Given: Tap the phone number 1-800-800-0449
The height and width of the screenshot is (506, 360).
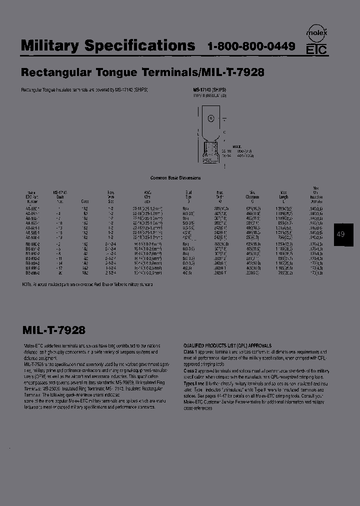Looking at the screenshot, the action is click(251, 47).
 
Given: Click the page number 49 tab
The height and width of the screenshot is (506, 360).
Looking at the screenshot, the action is click(341, 234).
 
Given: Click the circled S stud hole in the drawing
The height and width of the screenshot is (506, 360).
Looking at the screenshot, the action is click(211, 118).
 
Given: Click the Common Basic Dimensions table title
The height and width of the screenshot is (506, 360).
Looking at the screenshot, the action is click(175, 177).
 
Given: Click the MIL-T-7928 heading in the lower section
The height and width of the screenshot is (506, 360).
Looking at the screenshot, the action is click(54, 330).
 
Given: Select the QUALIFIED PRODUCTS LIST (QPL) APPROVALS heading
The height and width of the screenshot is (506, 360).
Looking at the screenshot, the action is click(227, 345).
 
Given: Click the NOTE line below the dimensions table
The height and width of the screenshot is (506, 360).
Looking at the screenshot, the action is click(87, 284).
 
